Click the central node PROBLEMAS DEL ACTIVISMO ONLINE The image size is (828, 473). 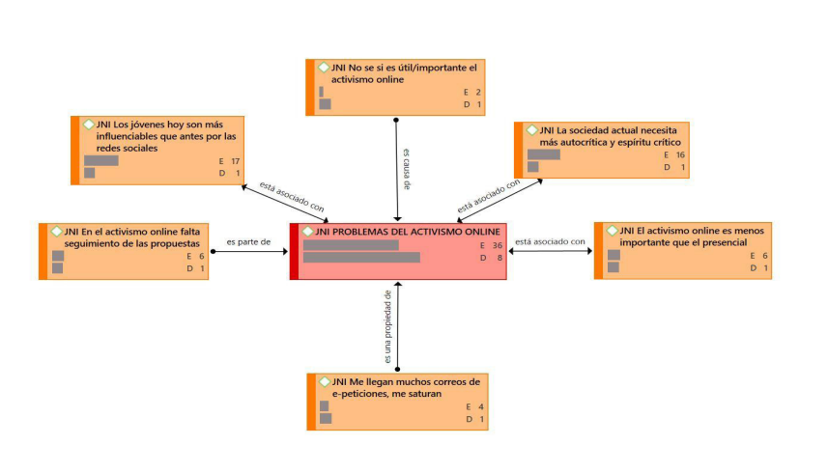pos(398,251)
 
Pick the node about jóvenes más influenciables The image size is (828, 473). pos(157,149)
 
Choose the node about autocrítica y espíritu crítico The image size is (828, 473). pos(601,149)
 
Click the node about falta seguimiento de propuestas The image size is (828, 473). pos(123,250)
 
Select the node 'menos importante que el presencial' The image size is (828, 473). pos(681,250)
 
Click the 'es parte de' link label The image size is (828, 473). pos(248,241)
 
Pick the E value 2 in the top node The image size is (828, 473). pos(471,92)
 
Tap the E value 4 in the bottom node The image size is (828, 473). pos(472,406)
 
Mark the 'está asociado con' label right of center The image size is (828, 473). pos(550,241)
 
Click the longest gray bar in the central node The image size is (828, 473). pos(361,258)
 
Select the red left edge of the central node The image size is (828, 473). pos(294,251)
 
